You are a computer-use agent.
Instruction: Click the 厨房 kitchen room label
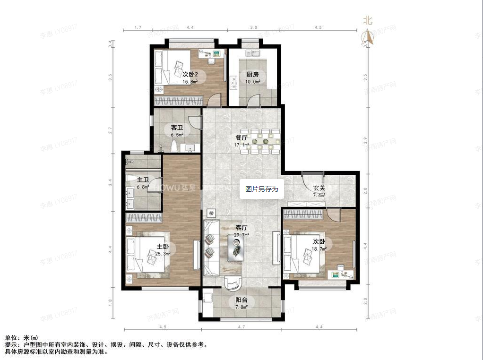(252, 75)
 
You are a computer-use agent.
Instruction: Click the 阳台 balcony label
(241, 300)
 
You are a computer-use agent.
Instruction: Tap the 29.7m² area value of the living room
(242, 234)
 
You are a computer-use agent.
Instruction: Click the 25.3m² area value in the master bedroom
(164, 253)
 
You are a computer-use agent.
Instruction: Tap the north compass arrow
(368, 36)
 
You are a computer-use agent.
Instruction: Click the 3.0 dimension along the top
(253, 28)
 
